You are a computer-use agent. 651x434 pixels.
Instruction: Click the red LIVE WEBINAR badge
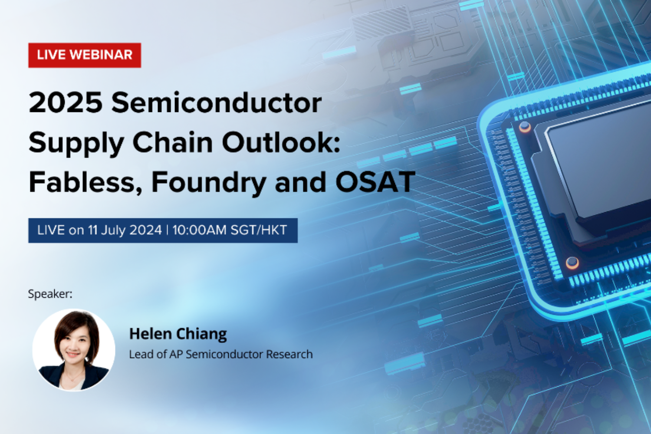click(x=85, y=55)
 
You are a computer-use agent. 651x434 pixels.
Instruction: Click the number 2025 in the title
click(x=66, y=103)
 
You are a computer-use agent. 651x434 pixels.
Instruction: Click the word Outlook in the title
click(x=278, y=142)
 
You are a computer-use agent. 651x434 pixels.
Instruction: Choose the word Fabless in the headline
click(x=82, y=182)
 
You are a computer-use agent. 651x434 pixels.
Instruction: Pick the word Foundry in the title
click(x=208, y=183)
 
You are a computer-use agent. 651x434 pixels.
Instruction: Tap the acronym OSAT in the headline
click(x=375, y=182)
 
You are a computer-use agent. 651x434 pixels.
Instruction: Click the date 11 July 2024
click(x=125, y=230)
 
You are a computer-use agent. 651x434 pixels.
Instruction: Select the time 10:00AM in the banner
click(x=199, y=230)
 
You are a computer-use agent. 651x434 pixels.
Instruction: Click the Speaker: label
click(x=50, y=294)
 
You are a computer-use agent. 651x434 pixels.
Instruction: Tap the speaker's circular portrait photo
click(x=74, y=350)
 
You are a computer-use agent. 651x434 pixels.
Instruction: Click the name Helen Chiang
click(x=178, y=334)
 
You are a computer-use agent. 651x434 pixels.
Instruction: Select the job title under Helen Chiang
click(x=220, y=354)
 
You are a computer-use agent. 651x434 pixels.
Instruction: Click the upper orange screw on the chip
click(x=525, y=127)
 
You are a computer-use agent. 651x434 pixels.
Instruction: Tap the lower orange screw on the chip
click(x=572, y=262)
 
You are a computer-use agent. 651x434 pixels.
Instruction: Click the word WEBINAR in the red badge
click(x=101, y=55)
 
